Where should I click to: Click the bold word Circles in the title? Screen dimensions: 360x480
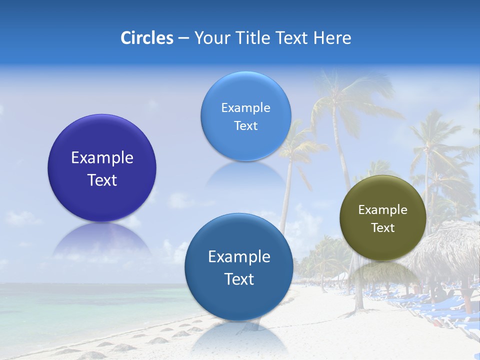[x=147, y=38]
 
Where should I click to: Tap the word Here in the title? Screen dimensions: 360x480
[x=332, y=38]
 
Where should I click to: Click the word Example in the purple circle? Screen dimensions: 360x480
[x=102, y=158]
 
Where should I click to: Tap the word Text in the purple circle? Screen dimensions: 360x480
[x=102, y=180]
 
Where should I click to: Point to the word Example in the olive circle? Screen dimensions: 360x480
[x=383, y=210]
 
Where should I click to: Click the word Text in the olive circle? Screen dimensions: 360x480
[x=383, y=228]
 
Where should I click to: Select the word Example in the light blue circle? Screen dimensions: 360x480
[x=245, y=108]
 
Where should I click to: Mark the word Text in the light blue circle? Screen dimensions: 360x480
[x=245, y=126]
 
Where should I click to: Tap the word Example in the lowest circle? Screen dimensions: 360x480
[x=239, y=257]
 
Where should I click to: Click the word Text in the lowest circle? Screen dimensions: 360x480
[x=239, y=279]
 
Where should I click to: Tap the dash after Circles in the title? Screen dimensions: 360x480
[x=183, y=38]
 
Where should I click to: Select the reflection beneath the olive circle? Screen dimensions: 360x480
[x=383, y=272]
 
